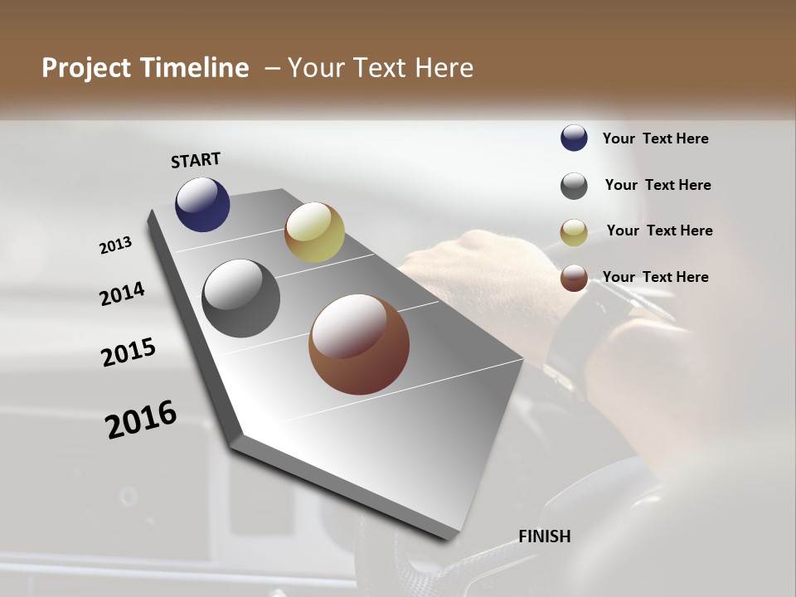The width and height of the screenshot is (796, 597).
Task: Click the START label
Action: [196, 160]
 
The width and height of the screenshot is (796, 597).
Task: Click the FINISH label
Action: [545, 536]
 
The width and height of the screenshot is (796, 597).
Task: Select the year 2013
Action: [116, 245]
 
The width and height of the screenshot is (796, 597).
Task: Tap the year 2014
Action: [123, 294]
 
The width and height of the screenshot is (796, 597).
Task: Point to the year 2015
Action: [129, 352]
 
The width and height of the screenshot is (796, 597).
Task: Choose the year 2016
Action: [141, 419]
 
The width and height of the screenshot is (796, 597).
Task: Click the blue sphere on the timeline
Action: [202, 204]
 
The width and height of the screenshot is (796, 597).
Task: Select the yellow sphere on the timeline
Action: [314, 232]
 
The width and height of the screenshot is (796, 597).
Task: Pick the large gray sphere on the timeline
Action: [240, 298]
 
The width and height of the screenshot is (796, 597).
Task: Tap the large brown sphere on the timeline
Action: [359, 344]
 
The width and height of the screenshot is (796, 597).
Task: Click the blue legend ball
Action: [574, 138]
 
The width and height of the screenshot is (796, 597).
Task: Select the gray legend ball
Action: [574, 186]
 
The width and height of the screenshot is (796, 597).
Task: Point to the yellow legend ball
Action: [574, 232]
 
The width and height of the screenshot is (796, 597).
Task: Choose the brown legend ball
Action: [574, 278]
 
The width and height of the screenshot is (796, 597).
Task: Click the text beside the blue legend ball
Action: [656, 138]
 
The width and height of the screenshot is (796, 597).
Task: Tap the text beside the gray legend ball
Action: [658, 185]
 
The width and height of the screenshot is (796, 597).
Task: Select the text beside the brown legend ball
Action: [656, 277]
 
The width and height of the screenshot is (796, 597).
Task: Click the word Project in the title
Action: [85, 68]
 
